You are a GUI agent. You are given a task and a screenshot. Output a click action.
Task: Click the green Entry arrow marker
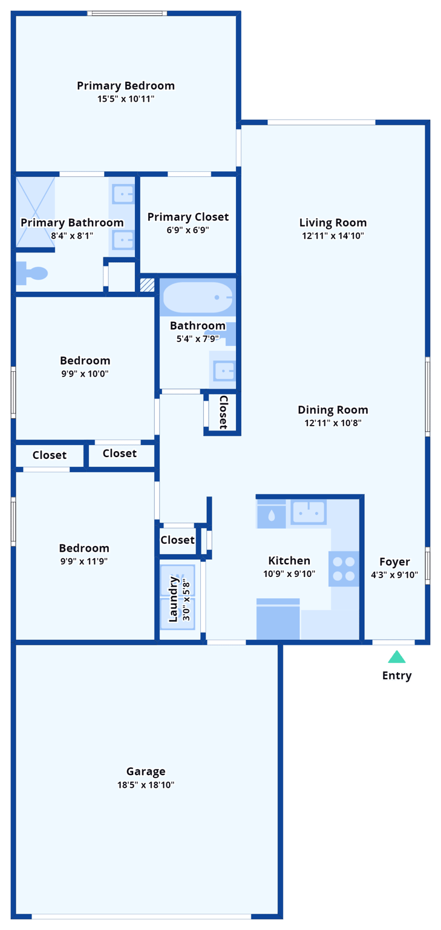397,657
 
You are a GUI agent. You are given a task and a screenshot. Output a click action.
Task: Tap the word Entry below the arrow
397,676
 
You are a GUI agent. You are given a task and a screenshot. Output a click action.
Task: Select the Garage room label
146,771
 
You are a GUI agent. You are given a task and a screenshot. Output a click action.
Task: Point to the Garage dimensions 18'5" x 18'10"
146,785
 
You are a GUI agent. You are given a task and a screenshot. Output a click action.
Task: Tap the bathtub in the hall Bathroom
197,297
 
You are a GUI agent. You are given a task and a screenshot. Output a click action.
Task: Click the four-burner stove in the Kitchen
344,569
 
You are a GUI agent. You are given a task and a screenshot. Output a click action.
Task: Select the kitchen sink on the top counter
309,513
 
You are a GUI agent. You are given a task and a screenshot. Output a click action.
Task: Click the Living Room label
333,222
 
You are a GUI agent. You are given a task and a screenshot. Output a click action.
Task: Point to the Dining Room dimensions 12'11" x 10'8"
333,423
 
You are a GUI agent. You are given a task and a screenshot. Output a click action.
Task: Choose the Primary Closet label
188,217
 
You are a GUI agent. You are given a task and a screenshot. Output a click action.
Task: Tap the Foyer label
394,561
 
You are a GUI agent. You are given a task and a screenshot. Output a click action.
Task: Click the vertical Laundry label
174,599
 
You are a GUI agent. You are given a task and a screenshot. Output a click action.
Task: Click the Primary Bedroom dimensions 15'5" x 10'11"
126,99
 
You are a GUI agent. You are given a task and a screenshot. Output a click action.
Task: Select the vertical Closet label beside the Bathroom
223,412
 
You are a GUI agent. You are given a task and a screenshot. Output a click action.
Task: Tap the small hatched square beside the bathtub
147,285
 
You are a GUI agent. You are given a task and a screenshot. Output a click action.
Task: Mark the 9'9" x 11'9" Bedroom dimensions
84,561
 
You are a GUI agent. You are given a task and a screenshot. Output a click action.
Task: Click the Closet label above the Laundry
178,539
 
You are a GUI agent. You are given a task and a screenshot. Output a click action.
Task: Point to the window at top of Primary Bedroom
126,13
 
